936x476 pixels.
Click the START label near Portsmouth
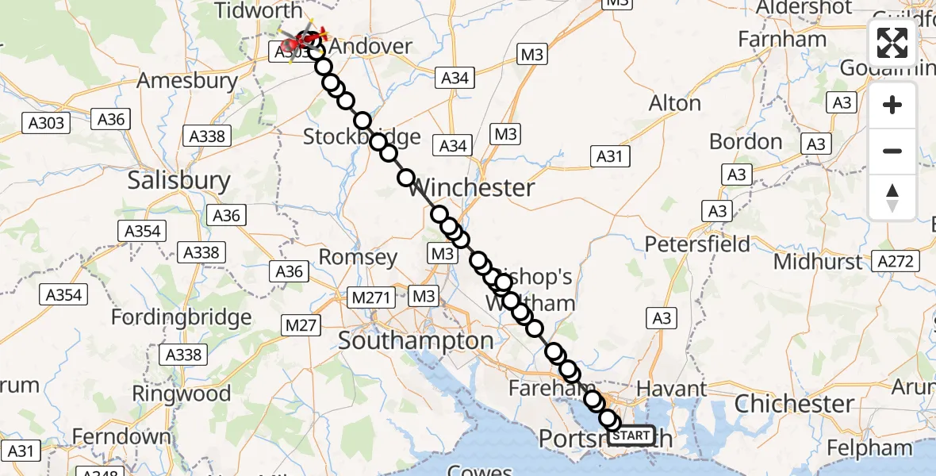point(632,436)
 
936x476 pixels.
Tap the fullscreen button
point(892,43)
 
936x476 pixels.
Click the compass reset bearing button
point(892,198)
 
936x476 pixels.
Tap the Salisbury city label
point(178,181)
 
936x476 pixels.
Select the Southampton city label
point(416,341)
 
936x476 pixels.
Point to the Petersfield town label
point(697,244)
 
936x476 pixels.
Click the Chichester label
point(794,404)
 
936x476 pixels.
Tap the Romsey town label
point(358,257)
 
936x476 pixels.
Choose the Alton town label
point(675,103)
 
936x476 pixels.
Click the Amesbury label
point(187,80)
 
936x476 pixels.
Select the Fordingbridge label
point(181,318)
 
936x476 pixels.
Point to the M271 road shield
point(371,297)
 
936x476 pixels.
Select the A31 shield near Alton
point(610,156)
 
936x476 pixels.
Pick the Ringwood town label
point(182,393)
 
